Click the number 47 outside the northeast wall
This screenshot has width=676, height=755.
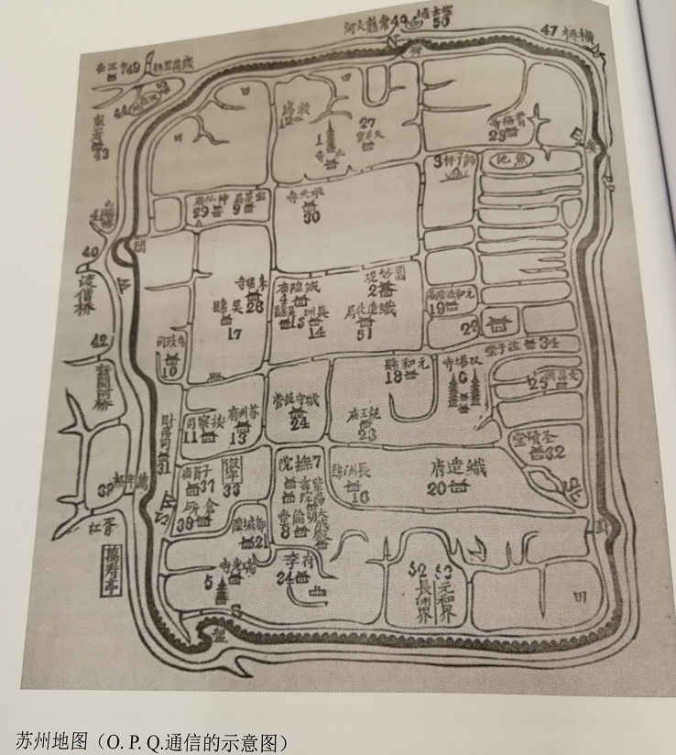549,30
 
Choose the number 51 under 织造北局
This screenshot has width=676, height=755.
365,334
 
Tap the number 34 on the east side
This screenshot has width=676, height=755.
550,342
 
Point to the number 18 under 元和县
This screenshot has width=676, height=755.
395,376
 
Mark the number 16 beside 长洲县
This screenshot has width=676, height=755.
359,496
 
